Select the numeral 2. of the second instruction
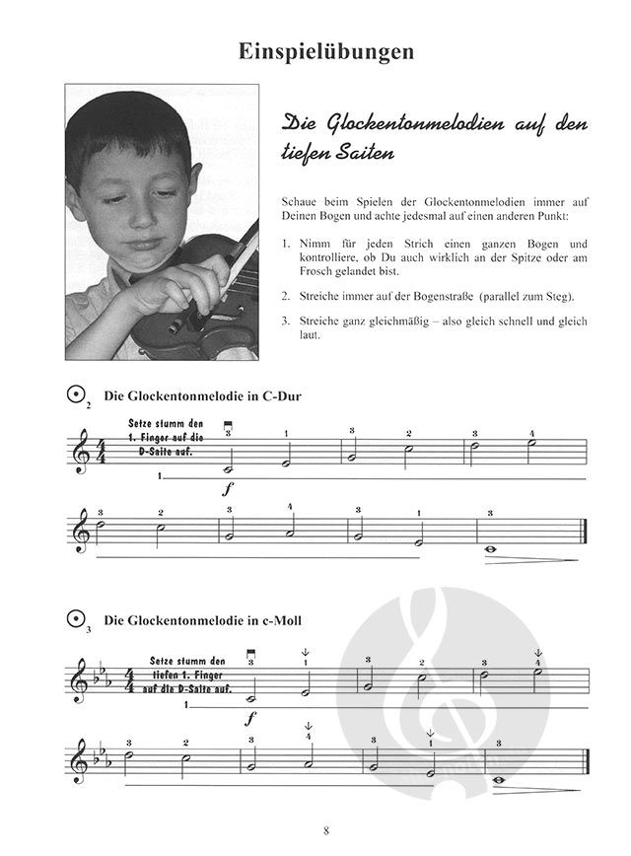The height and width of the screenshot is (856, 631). click(x=285, y=295)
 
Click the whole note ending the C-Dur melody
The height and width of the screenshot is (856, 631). click(x=491, y=551)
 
